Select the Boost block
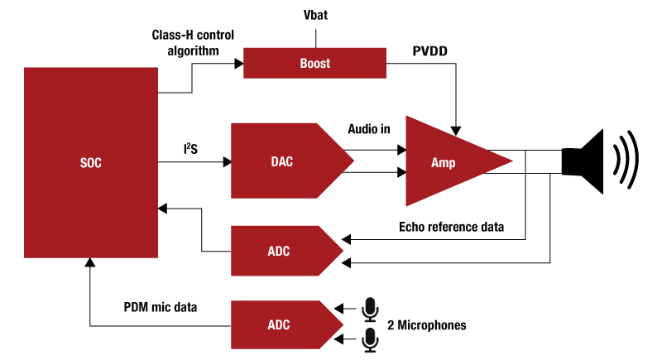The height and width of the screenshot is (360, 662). [314, 62]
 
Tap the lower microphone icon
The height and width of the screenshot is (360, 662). [370, 338]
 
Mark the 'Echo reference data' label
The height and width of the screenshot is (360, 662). [451, 225]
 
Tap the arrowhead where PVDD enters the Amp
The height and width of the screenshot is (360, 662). [455, 128]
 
